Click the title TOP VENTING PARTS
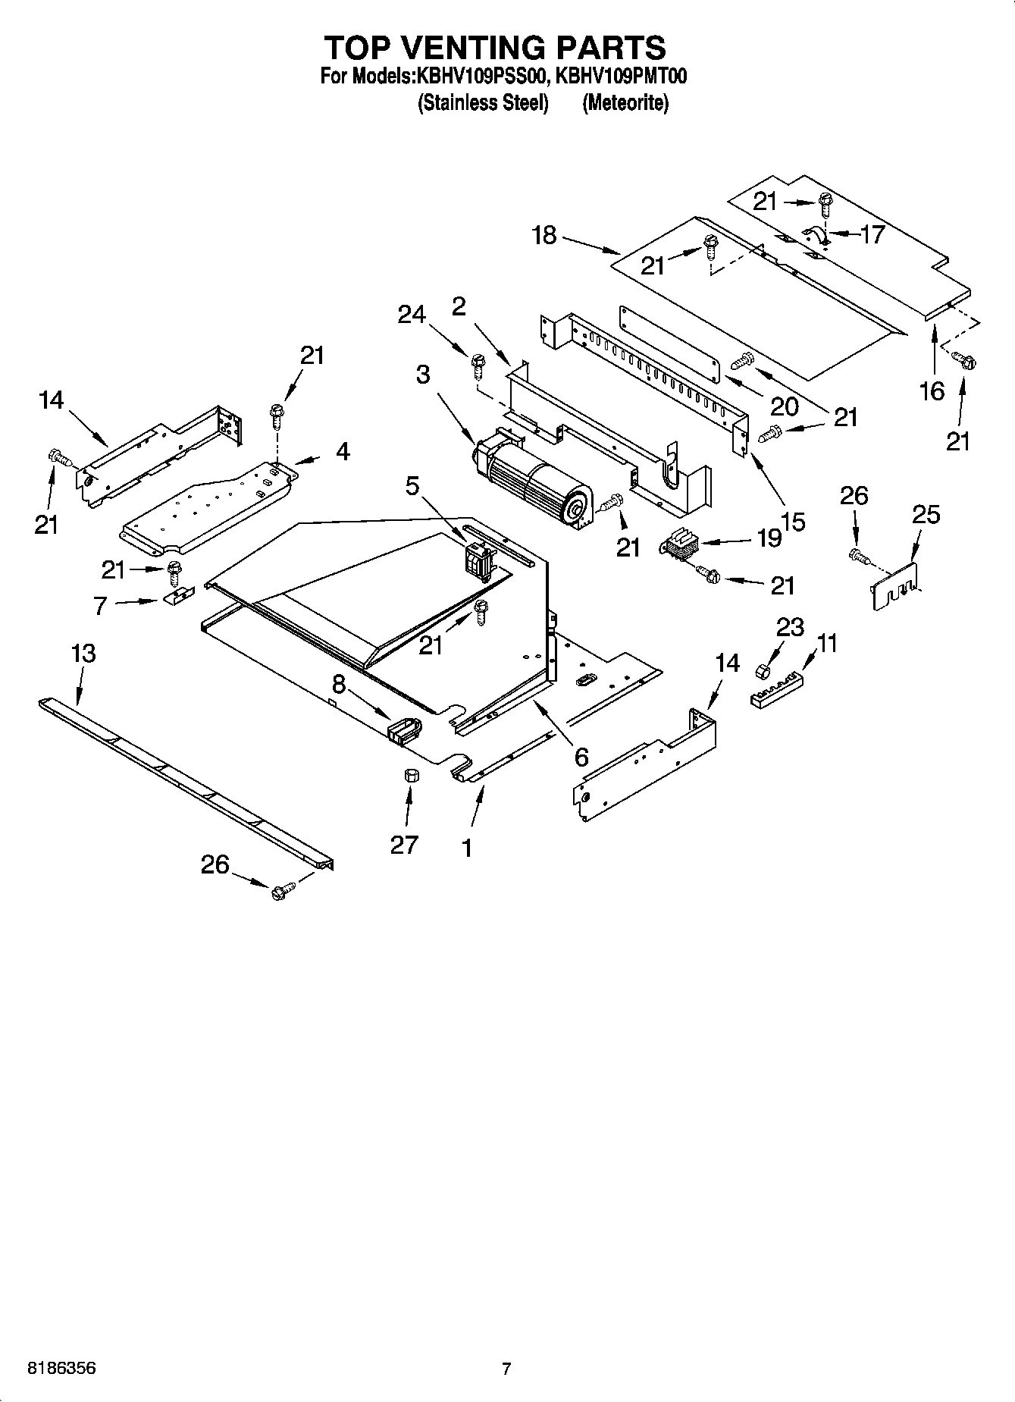(x=495, y=47)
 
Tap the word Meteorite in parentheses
(x=625, y=102)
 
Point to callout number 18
(x=544, y=235)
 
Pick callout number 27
(x=404, y=844)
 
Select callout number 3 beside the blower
(x=422, y=374)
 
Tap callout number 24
(x=412, y=314)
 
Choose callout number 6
(x=581, y=756)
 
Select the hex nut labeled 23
(x=764, y=671)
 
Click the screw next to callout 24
(x=478, y=365)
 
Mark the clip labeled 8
(x=406, y=729)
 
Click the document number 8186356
(x=62, y=1369)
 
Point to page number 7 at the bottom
(x=506, y=1369)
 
